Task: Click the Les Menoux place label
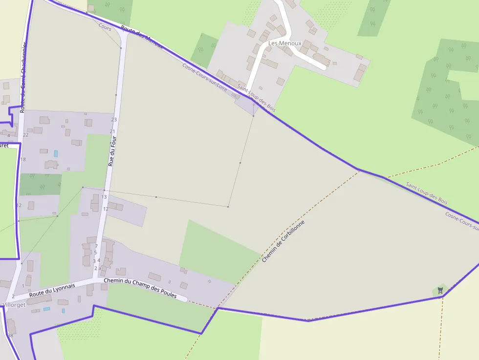pos(284,43)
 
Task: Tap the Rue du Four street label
pos(112,152)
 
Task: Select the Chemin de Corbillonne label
pos(283,241)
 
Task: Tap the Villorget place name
pos(14,305)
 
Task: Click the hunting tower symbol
pos(440,291)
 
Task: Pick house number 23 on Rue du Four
pos(114,120)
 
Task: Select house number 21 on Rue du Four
pos(112,131)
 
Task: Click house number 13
pos(104,197)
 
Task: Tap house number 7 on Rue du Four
pos(96,246)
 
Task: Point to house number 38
pos(10,336)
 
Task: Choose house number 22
pos(25,135)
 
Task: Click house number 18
pos(22,159)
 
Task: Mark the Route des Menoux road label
pos(141,38)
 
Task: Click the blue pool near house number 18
pos(56,153)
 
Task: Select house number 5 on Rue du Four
pos(95,253)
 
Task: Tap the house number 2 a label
pos(97,268)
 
